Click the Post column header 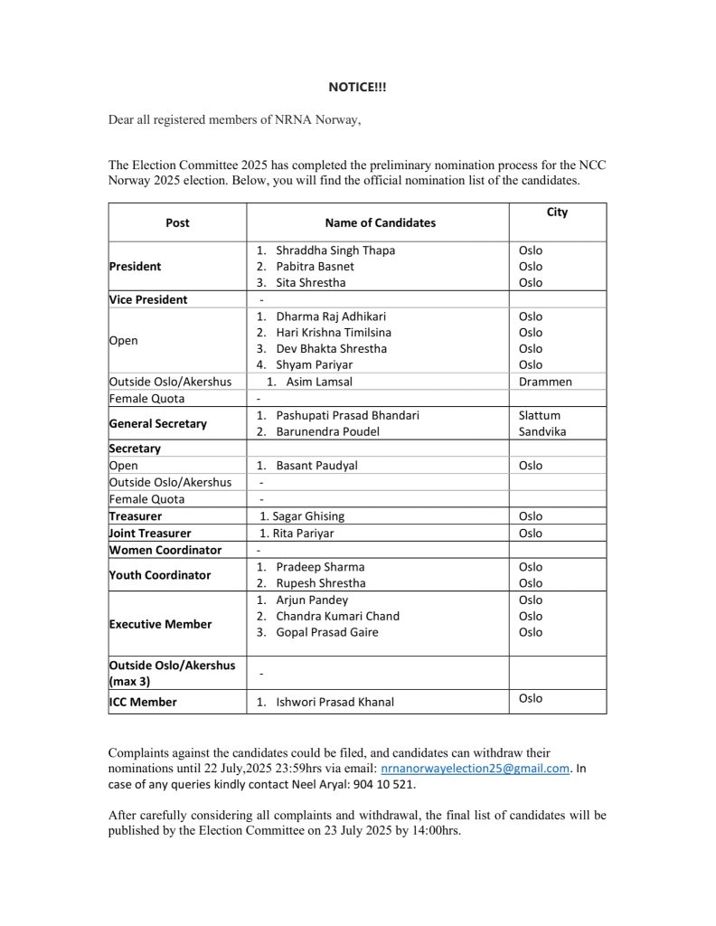click(177, 222)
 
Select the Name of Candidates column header click(380, 222)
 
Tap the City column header click(557, 213)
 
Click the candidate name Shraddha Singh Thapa click(335, 250)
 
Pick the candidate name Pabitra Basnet click(315, 267)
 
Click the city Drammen click(545, 382)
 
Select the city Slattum click(540, 415)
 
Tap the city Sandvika click(542, 431)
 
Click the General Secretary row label click(157, 423)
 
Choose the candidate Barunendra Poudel click(327, 431)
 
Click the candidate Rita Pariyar click(297, 534)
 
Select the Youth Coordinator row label click(159, 575)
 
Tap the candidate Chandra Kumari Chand click(337, 616)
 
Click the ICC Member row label click(143, 702)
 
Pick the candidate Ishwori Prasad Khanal click(334, 702)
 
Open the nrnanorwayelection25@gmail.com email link click(475, 769)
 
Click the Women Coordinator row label click(165, 550)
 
